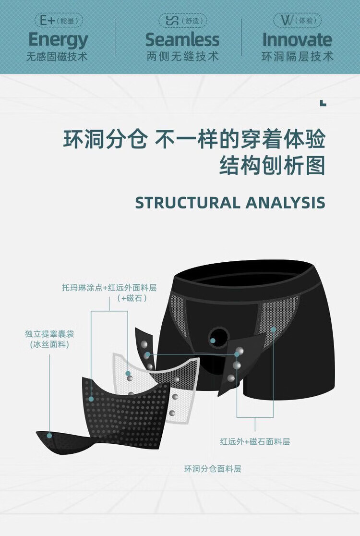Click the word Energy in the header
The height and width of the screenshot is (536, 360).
[58, 40]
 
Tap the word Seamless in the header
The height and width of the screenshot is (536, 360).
[182, 40]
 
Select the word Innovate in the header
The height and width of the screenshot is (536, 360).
[297, 40]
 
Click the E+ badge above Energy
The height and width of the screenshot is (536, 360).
[59, 21]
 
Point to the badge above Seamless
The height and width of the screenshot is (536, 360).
[182, 21]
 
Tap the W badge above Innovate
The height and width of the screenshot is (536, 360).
[297, 21]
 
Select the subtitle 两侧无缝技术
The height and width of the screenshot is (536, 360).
[182, 57]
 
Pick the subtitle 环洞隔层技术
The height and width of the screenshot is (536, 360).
[297, 57]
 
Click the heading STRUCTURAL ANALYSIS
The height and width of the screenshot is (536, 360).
[230, 202]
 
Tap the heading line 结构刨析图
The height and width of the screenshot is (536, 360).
[272, 166]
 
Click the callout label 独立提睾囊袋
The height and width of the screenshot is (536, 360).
[49, 334]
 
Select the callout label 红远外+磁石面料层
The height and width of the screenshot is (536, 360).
[255, 441]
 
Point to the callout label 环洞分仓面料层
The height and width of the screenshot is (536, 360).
[213, 469]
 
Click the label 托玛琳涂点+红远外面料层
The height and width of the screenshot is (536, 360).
[109, 288]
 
